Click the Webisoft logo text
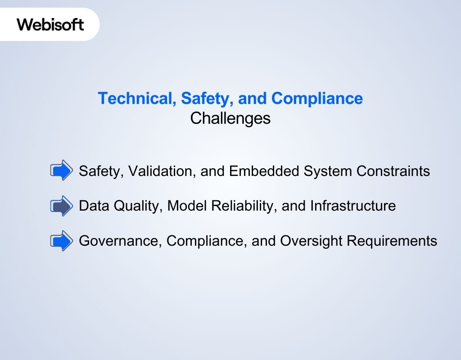coord(50,24)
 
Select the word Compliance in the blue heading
coord(317,98)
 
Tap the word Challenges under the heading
coord(230,118)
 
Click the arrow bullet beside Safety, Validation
coord(61,171)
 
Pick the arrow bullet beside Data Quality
coord(61,206)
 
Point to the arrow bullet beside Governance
coord(61,241)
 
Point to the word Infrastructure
coord(353,206)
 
